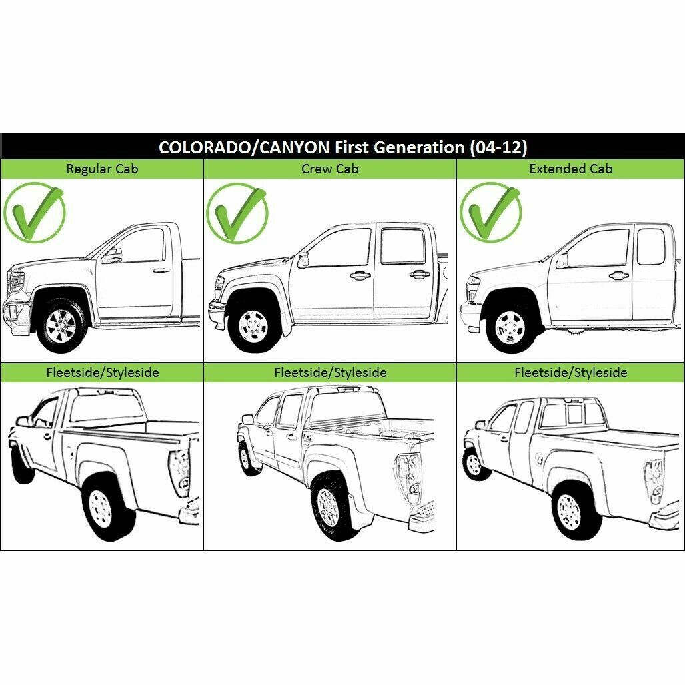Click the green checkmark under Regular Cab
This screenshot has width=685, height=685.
(34, 213)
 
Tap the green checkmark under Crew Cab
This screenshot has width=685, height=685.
(237, 213)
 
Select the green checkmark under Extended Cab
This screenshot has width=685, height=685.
(491, 213)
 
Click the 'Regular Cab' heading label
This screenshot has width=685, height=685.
(102, 169)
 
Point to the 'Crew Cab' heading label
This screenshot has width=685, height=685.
(330, 169)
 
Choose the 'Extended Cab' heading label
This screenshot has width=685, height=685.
(570, 169)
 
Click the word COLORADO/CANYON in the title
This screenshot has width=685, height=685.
(244, 147)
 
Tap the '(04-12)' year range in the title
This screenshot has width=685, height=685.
(498, 147)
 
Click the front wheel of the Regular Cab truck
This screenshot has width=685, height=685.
(61, 326)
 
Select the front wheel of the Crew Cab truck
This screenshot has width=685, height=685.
(253, 325)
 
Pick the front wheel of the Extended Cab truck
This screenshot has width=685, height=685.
(510, 327)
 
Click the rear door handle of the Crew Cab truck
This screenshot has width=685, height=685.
(419, 275)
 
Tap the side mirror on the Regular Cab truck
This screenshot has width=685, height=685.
(112, 256)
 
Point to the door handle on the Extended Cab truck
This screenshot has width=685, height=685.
(618, 275)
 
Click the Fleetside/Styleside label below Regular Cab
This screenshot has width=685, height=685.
(102, 372)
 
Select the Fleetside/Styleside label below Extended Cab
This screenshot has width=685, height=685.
(570, 372)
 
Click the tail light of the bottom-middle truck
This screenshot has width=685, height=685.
(410, 478)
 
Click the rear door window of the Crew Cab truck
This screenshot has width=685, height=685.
(402, 245)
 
